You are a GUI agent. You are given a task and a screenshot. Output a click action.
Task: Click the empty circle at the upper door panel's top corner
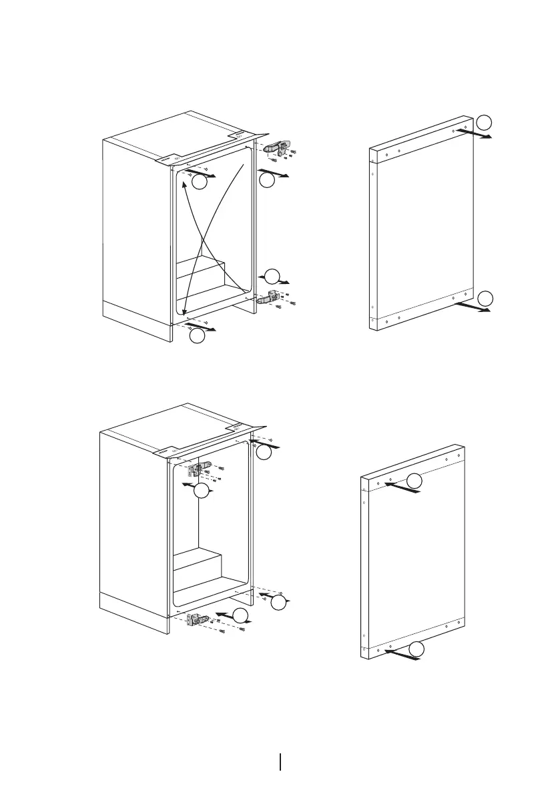point(486,121)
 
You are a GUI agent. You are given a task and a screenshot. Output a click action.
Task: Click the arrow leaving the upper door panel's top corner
point(475,134)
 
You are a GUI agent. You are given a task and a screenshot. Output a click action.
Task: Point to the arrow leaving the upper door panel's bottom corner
point(475,309)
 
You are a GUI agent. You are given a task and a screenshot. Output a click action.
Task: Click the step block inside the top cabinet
point(200,273)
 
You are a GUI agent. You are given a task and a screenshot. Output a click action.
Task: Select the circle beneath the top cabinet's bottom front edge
point(197,337)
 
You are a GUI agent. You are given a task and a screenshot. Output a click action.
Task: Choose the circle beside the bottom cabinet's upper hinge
point(202,492)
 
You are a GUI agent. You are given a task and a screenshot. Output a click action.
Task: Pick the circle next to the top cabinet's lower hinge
point(272,276)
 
